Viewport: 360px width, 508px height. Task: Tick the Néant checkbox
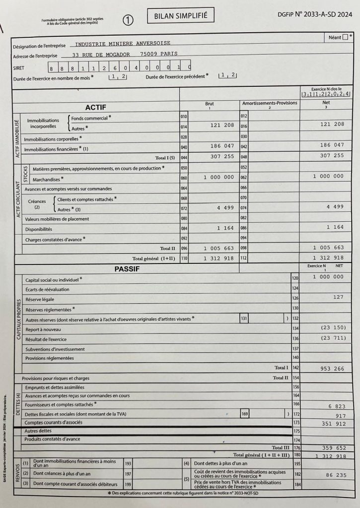pos(345,37)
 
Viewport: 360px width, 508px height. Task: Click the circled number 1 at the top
pos(129,20)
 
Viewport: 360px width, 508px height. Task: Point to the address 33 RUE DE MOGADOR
pos(101,55)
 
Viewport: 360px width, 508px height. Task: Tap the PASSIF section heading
pos(127,269)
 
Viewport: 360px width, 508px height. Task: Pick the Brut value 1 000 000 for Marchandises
pos(218,177)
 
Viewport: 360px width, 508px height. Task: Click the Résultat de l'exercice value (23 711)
pos(332,338)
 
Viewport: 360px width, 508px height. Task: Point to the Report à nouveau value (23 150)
pos(332,328)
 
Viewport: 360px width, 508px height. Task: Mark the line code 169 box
pos(244,413)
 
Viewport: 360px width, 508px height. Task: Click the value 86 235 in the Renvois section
pos(336,475)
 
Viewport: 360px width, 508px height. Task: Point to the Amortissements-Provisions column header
pos(270,103)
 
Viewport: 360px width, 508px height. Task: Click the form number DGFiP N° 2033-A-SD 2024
pos(315,15)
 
